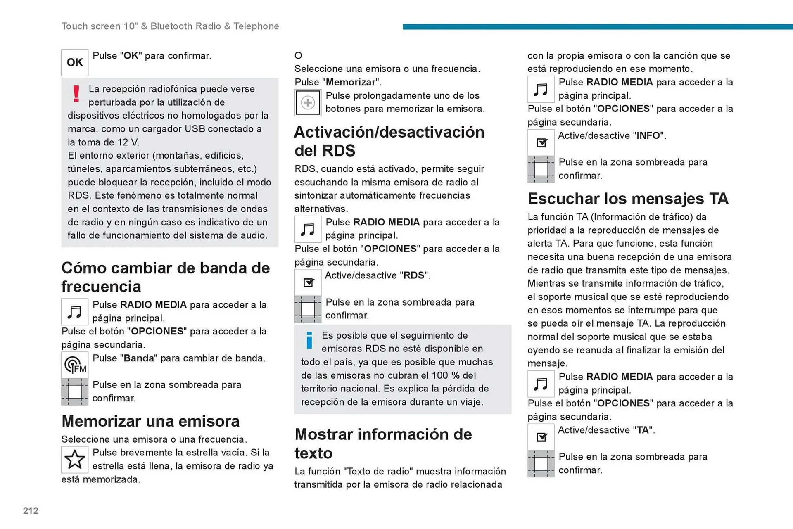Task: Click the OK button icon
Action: [x=75, y=62]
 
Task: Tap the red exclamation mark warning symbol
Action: [x=76, y=94]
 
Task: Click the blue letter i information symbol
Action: [x=309, y=340]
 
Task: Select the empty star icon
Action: [x=75, y=459]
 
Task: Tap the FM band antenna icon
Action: [x=75, y=365]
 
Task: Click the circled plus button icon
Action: [x=308, y=102]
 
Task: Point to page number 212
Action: [x=31, y=511]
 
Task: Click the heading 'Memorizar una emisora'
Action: [x=150, y=421]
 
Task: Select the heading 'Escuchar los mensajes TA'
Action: [x=628, y=199]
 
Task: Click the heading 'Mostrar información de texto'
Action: [x=383, y=444]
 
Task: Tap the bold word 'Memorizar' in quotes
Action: [x=351, y=82]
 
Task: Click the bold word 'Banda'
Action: [x=139, y=358]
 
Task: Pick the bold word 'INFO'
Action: [x=648, y=135]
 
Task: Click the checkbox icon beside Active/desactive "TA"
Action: [x=541, y=437]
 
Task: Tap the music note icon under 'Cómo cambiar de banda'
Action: [x=75, y=312]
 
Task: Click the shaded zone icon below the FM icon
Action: [x=75, y=391]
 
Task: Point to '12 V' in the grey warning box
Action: [x=128, y=142]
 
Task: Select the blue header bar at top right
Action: [x=597, y=27]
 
